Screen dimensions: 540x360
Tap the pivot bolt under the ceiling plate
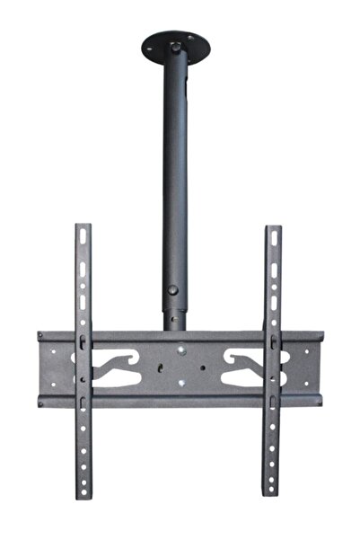(x=175, y=44)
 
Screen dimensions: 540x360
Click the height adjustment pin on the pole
(x=172, y=291)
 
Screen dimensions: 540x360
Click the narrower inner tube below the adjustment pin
(x=172, y=316)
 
